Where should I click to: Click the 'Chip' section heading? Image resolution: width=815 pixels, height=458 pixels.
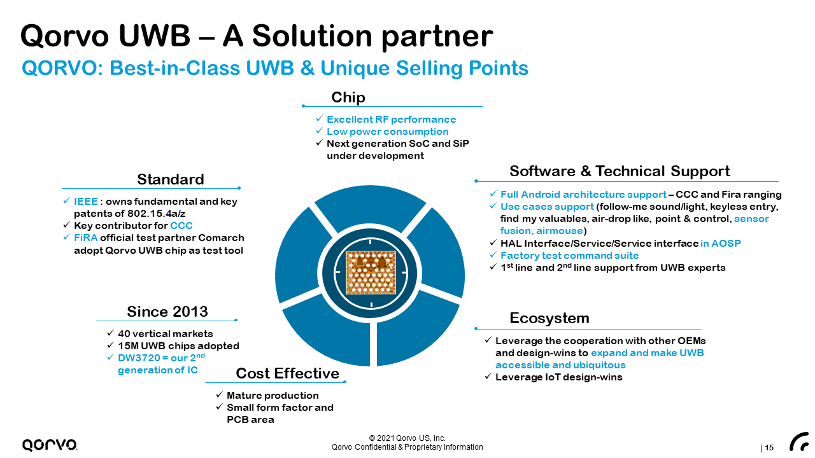[348, 97]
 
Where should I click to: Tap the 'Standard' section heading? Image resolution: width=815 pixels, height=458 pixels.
[171, 179]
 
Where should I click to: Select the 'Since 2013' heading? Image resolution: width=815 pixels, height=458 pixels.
[167, 312]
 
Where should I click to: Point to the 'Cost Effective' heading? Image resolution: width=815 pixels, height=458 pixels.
[288, 373]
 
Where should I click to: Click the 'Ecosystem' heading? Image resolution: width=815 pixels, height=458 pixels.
[549, 318]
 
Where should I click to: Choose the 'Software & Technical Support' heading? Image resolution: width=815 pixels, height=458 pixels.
[620, 171]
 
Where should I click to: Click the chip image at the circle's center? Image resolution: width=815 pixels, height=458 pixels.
[371, 272]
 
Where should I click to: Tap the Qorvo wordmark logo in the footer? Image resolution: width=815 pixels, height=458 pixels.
[50, 445]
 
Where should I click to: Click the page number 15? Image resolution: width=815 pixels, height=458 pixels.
[769, 448]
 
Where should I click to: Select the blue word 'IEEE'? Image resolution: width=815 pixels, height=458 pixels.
[86, 202]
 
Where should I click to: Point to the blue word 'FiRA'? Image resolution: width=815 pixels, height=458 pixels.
[85, 238]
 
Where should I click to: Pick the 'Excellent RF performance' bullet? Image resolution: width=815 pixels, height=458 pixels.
[391, 120]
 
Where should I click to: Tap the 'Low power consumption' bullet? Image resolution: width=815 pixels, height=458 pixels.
[387, 132]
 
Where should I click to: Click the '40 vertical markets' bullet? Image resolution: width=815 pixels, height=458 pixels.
[165, 334]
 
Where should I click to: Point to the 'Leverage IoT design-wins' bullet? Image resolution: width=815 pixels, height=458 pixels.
[558, 377]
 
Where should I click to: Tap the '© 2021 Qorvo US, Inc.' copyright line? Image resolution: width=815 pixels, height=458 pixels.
[407, 438]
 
